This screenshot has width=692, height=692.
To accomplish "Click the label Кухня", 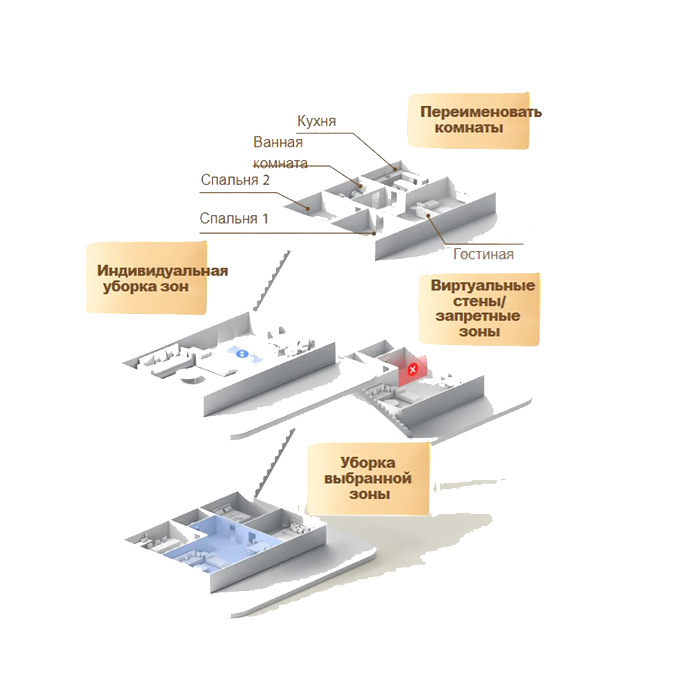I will click(316, 121).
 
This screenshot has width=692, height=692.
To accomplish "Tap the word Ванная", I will click(278, 143).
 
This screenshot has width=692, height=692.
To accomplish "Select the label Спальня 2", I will click(235, 180).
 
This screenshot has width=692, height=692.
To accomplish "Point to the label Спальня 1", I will click(234, 219).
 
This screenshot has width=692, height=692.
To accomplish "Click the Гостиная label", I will click(484, 254).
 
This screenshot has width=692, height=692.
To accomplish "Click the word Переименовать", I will click(481, 112).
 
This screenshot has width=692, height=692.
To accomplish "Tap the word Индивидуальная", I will click(163, 270).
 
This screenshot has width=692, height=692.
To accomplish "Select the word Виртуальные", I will click(483, 286).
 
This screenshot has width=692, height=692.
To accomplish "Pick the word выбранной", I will click(367, 479).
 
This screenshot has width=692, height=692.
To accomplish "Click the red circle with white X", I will click(413, 369).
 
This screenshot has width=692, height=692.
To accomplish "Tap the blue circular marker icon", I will click(242, 354).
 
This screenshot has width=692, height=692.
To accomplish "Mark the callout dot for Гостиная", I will click(429, 216).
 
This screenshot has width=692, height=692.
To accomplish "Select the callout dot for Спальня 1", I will click(374, 234).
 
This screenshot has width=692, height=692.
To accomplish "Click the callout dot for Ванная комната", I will click(361, 186).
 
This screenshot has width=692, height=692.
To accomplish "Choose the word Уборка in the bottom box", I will click(367, 463).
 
